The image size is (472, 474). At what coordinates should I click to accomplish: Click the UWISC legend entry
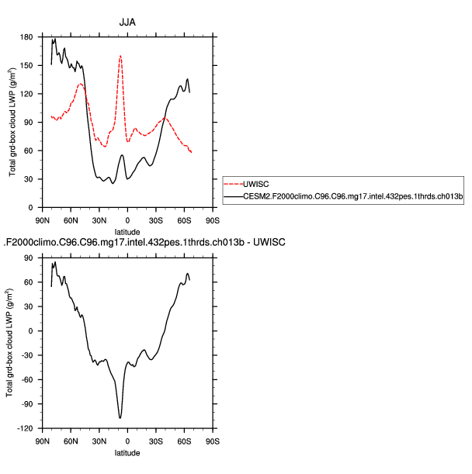coord(255,185)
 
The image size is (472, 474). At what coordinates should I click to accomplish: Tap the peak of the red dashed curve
coord(120,56)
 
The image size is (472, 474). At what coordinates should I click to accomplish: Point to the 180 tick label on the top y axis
coord(28,37)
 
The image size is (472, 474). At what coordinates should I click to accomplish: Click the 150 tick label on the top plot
coord(28,65)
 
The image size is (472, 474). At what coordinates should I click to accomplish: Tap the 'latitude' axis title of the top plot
coord(127,231)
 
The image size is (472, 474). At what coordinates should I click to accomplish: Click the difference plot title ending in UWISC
coord(145,244)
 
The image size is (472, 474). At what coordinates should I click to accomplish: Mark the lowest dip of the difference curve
coord(120,418)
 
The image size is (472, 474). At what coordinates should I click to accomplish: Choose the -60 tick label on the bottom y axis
coord(28,379)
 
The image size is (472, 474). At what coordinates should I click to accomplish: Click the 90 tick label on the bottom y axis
coord(30,258)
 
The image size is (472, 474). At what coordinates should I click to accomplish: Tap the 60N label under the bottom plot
coord(71,441)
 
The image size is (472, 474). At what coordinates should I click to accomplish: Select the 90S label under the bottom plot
coord(213,441)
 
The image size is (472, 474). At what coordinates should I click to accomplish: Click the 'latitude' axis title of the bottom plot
coord(127,452)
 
